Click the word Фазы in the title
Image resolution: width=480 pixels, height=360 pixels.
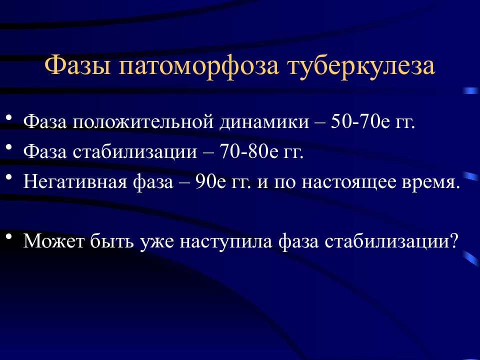click(78, 65)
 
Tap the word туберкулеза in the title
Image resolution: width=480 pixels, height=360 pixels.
click(361, 65)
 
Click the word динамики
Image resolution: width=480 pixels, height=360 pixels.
click(264, 122)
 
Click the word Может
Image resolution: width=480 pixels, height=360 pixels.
click(54, 240)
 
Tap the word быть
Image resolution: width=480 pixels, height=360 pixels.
click(112, 240)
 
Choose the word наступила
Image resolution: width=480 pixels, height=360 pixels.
click(226, 242)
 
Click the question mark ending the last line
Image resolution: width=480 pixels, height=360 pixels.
click(454, 240)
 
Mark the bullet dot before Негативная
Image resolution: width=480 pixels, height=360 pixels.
click(9, 177)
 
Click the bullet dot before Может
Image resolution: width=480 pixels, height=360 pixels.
click(9, 236)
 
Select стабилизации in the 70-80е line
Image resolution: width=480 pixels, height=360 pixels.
click(135, 152)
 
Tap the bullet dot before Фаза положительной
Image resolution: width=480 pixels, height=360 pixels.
click(9, 117)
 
